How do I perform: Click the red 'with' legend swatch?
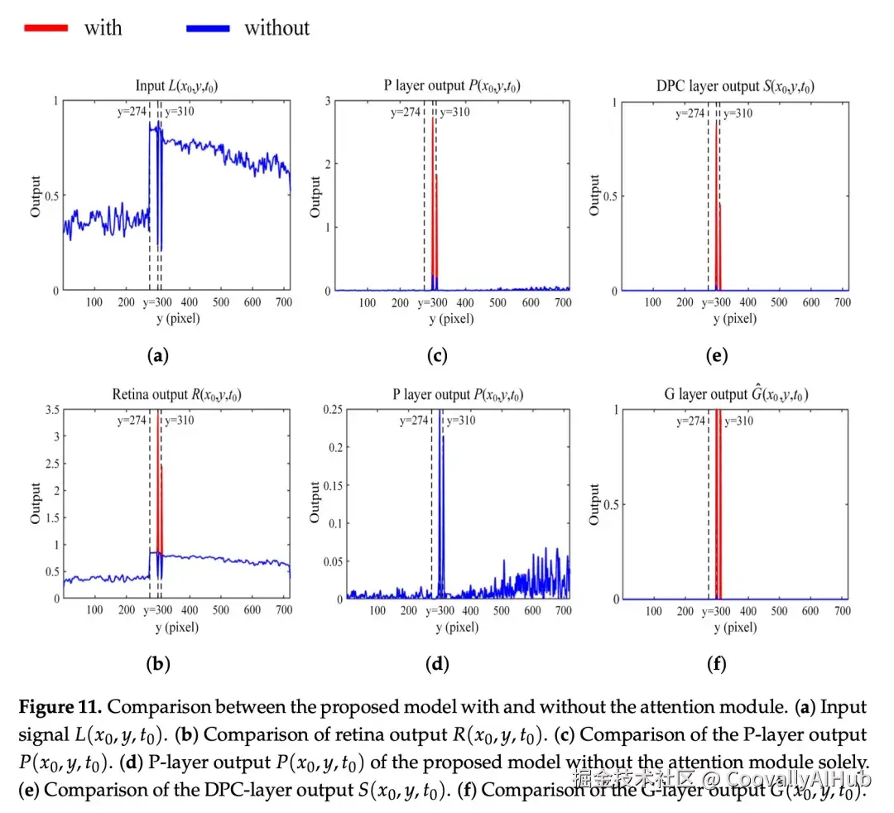click(x=48, y=28)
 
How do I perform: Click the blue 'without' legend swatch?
click(x=208, y=28)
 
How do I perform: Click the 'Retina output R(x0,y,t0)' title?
click(x=177, y=395)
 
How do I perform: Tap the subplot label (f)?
click(x=717, y=663)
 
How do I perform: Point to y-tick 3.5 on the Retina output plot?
click(x=50, y=410)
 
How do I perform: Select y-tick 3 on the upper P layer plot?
click(x=328, y=101)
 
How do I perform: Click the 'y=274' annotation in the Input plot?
click(x=131, y=113)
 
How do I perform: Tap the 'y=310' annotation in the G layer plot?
click(x=738, y=421)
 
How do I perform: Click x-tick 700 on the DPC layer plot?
click(x=843, y=302)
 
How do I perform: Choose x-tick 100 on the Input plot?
click(x=94, y=302)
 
